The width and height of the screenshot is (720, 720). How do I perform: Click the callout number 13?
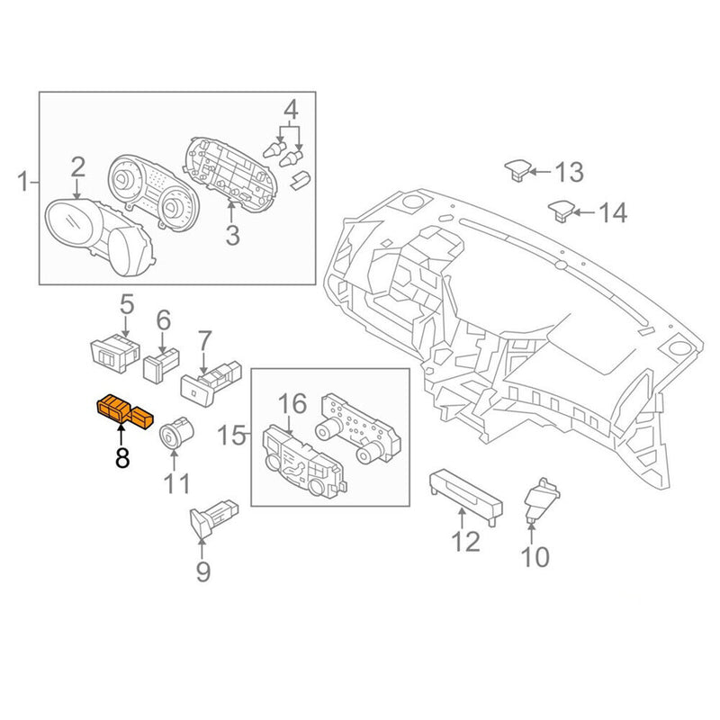tap(569, 171)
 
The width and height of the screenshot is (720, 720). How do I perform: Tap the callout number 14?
tap(611, 213)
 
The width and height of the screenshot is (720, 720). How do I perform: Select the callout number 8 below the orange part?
tap(121, 457)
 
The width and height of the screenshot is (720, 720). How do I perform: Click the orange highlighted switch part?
tap(126, 410)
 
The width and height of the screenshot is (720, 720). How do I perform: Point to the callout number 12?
tap(465, 542)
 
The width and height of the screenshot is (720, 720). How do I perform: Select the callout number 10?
tap(535, 558)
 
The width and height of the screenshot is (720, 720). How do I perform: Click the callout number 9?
tap(202, 571)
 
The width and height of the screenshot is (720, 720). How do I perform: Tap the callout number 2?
tap(78, 166)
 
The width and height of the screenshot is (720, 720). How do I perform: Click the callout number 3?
tap(232, 236)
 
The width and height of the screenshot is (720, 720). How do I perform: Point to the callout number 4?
tap(290, 111)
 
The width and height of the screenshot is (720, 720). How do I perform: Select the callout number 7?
tap(204, 341)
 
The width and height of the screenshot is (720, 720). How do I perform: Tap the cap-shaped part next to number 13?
tap(517, 168)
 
